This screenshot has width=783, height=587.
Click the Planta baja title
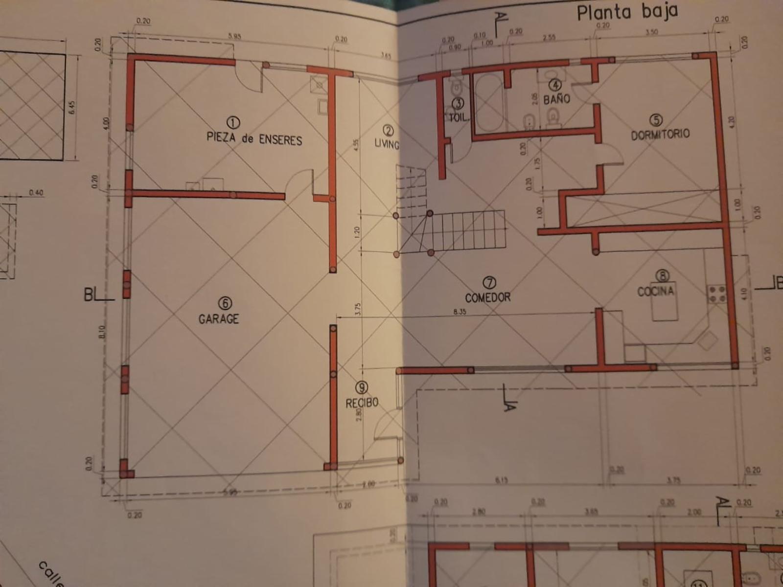pos(627,12)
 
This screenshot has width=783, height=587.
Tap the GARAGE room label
pos(219,319)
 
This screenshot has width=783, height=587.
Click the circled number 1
pos(233,122)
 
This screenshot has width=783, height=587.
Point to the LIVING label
pos(387,143)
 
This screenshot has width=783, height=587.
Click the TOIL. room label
pos(459,117)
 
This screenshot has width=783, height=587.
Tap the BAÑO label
pos(556,99)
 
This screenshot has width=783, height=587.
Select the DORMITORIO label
pos(660,134)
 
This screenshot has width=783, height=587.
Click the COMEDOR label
pos(487,297)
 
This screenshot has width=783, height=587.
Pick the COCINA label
pos(655,292)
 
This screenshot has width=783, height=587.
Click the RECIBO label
pos(362,403)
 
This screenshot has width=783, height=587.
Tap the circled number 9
pos(362,388)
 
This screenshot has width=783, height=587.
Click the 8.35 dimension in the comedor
pos(460,312)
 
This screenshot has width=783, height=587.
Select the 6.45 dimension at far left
pos(72,108)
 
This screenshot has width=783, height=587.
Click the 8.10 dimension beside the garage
pos(102,333)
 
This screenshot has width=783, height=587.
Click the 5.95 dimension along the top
pos(234,36)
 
